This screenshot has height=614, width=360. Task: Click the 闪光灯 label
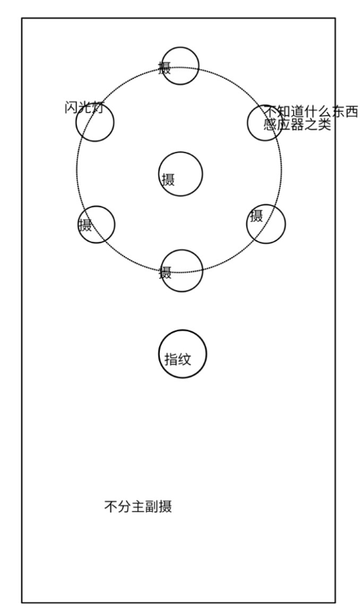click(x=84, y=107)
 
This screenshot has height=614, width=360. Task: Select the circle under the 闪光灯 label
click(x=76, y=122)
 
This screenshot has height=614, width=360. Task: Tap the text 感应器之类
click(x=297, y=125)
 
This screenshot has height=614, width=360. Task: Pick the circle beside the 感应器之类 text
click(x=248, y=122)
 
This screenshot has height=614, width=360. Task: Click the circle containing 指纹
click(x=159, y=354)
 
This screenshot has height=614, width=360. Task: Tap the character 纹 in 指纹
click(x=185, y=359)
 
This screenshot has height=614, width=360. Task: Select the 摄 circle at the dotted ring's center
click(x=158, y=174)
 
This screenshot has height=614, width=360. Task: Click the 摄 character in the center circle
click(x=168, y=180)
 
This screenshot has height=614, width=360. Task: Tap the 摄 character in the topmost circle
click(x=165, y=68)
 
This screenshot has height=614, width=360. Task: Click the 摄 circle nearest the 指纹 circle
click(x=161, y=271)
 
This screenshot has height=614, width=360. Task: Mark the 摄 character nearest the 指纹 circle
click(x=166, y=273)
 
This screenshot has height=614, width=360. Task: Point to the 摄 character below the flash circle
click(x=86, y=225)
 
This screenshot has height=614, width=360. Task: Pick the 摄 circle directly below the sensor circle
click(x=247, y=224)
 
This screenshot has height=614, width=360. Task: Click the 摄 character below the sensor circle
click(x=256, y=216)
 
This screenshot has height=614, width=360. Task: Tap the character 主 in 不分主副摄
click(x=138, y=506)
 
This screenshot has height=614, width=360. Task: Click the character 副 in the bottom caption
click(x=152, y=506)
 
